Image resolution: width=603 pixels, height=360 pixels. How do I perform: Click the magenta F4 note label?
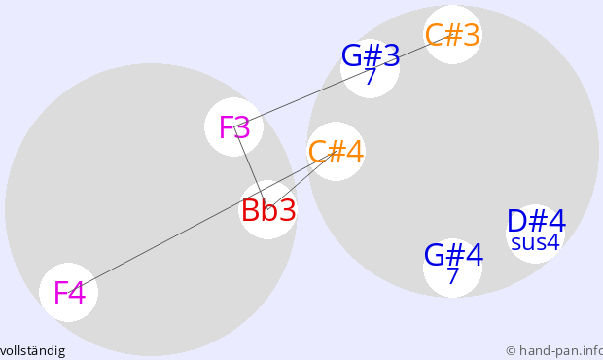pyautogui.click(x=69, y=293)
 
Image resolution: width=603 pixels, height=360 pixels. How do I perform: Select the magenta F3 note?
pyautogui.click(x=234, y=126)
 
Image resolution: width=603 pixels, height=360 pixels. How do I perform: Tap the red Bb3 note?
pyautogui.click(x=268, y=210)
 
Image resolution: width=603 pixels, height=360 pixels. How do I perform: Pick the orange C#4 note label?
pyautogui.click(x=336, y=152)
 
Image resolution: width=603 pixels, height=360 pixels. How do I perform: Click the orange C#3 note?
pyautogui.click(x=452, y=35)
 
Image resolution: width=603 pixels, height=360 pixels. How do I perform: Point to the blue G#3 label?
pyautogui.click(x=371, y=56)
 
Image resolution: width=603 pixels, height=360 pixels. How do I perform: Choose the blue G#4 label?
pyautogui.click(x=453, y=255)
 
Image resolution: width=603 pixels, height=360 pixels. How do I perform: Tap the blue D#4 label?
pyautogui.click(x=536, y=221)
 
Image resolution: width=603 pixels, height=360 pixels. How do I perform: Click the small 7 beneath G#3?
pyautogui.click(x=370, y=77)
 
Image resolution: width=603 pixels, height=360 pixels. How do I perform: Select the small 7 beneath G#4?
pyautogui.click(x=453, y=275)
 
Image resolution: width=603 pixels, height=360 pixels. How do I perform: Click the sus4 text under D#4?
pyautogui.click(x=535, y=242)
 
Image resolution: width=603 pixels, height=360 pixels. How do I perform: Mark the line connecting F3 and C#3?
pyautogui.click(x=343, y=81)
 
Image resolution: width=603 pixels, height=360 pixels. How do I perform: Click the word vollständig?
pyautogui.click(x=32, y=351)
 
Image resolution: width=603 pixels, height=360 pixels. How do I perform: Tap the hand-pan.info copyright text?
pyautogui.click(x=554, y=351)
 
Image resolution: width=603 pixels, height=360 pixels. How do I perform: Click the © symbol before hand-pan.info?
pyautogui.click(x=511, y=351)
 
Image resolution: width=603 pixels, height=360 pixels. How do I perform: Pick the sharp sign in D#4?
pyautogui.click(x=539, y=221)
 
